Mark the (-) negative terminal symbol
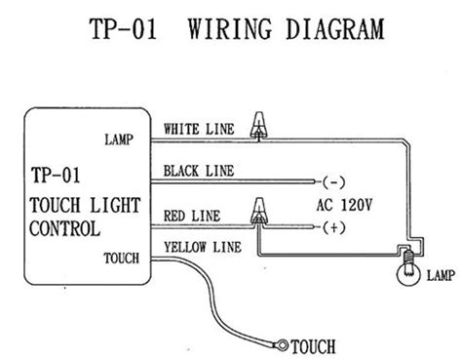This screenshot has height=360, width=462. point(334,181)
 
